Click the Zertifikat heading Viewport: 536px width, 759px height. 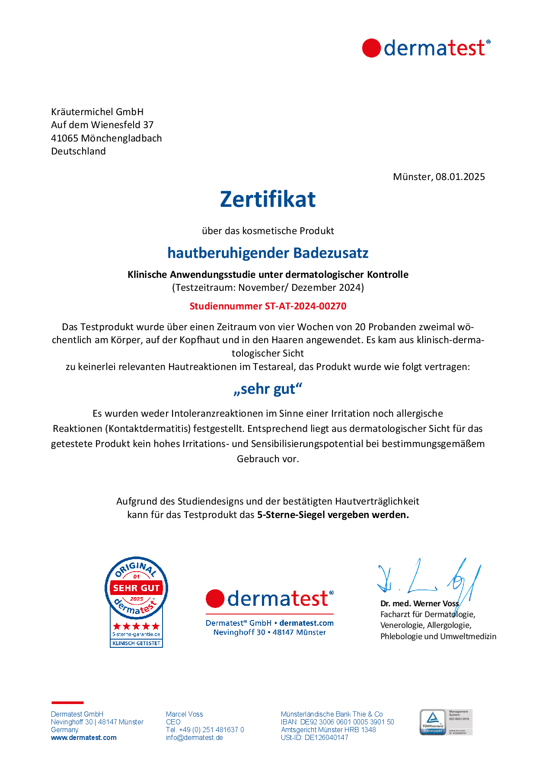[x=268, y=199]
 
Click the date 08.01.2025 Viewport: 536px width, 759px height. [x=460, y=177]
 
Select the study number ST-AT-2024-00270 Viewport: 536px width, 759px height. [x=305, y=306]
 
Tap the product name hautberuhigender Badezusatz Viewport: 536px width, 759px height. [x=268, y=253]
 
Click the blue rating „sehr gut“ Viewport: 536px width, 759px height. [x=268, y=389]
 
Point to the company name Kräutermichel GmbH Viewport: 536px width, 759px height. [x=97, y=112]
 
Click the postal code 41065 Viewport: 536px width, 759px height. [x=64, y=138]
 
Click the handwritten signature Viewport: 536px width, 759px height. [x=428, y=578]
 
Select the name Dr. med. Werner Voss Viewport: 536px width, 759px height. [x=419, y=603]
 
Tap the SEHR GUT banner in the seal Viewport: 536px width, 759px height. [x=136, y=588]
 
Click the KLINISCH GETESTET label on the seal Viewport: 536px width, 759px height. [x=136, y=643]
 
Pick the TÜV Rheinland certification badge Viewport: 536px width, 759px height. [x=446, y=722]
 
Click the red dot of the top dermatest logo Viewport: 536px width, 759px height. [x=371, y=48]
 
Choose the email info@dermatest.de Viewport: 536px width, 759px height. [x=194, y=737]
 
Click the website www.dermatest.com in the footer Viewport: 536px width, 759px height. [x=83, y=737]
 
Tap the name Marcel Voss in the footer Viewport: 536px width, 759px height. [x=184, y=714]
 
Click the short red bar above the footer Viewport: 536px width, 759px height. [x=67, y=702]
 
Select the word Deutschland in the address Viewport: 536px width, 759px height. [x=78, y=151]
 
